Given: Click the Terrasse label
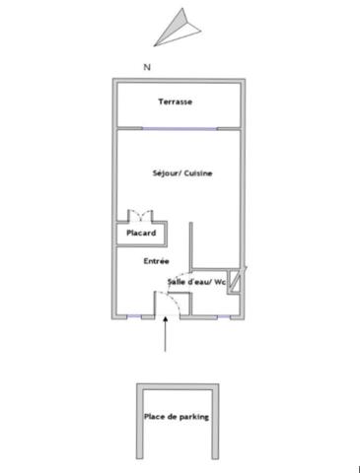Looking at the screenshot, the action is (176, 101).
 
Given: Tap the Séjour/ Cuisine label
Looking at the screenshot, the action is (182, 173).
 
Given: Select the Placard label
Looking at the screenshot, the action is (141, 233).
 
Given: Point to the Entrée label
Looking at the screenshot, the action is (157, 261).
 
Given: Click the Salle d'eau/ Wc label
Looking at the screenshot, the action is (196, 282).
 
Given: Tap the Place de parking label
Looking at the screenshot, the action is (177, 417).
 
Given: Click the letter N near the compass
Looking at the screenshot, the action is (147, 67).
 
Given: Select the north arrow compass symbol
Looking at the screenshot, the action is (178, 28).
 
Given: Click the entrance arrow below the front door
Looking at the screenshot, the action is (165, 334).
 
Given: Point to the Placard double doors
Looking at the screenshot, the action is (140, 215).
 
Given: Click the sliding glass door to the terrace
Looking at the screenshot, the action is (180, 128).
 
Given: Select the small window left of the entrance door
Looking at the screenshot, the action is (134, 316).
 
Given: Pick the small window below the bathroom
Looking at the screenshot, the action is (224, 316).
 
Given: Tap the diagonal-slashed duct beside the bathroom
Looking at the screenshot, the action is (236, 280).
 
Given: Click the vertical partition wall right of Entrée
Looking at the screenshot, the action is (190, 245).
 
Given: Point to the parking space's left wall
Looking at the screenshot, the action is (140, 421).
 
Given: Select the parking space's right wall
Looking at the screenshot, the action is (215, 421).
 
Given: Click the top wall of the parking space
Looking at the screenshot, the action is (178, 386).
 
